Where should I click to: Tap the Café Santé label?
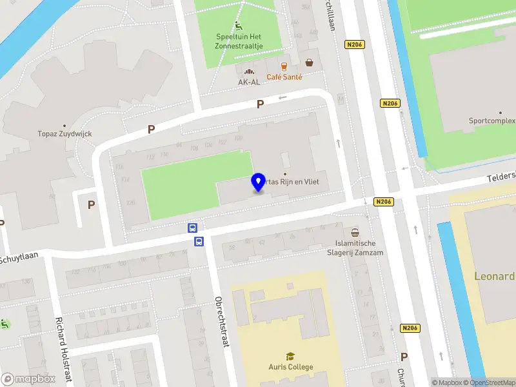(284, 77)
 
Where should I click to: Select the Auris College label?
(291, 367)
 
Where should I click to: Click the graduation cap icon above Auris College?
(291, 356)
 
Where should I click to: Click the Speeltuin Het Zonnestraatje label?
(239, 41)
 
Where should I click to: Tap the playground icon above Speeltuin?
(239, 26)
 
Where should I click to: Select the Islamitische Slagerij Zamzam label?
(355, 248)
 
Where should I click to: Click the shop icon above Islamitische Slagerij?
(355, 232)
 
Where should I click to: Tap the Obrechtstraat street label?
(222, 322)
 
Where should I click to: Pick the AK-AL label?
(250, 82)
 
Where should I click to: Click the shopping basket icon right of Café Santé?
(310, 63)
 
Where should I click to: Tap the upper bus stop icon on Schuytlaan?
(192, 228)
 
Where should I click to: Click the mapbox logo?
(28, 379)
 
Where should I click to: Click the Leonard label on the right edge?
(495, 277)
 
